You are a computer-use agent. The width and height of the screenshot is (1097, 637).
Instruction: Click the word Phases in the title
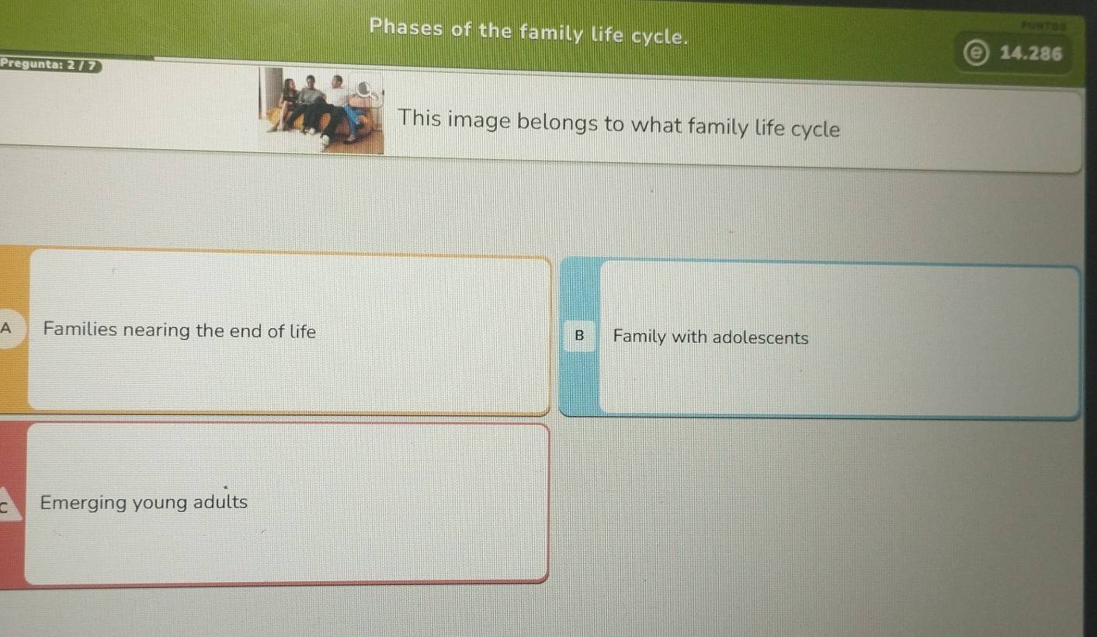click(406, 27)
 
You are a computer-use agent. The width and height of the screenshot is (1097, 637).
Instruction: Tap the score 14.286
click(1031, 53)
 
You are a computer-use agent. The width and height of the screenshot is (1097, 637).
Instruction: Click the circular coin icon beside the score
click(976, 52)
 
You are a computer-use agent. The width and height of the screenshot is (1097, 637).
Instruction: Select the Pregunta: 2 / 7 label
click(50, 64)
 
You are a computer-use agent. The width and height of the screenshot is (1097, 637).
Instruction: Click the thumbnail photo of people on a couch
click(321, 110)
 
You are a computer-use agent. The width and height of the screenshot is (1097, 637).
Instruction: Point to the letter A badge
click(7, 327)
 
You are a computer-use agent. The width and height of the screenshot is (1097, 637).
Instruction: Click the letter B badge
click(579, 336)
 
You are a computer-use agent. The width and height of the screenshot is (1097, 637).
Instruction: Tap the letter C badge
click(6, 506)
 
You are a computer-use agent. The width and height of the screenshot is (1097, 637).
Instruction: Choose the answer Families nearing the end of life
click(179, 331)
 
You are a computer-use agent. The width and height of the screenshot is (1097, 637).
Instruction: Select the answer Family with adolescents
click(710, 338)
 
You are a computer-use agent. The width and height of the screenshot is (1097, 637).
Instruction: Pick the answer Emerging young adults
click(144, 503)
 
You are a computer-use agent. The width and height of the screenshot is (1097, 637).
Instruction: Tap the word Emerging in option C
click(83, 504)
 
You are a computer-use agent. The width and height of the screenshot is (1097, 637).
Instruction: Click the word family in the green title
click(552, 33)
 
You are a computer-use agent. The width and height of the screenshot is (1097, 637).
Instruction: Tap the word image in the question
click(479, 121)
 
